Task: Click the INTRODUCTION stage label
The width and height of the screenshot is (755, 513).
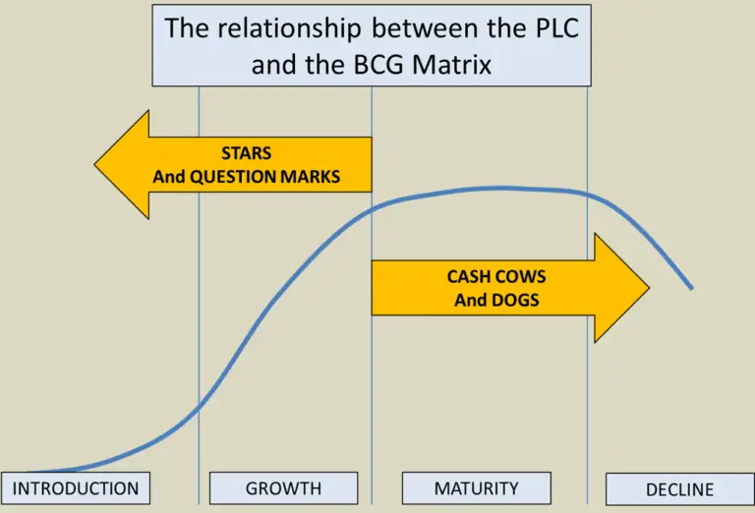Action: (76, 488)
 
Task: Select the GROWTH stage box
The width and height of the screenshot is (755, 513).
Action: (283, 488)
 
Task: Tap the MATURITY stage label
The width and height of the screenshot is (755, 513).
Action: (476, 487)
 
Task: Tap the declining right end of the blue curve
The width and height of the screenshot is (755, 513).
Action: (691, 287)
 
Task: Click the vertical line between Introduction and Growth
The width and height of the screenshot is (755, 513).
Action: (200, 295)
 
